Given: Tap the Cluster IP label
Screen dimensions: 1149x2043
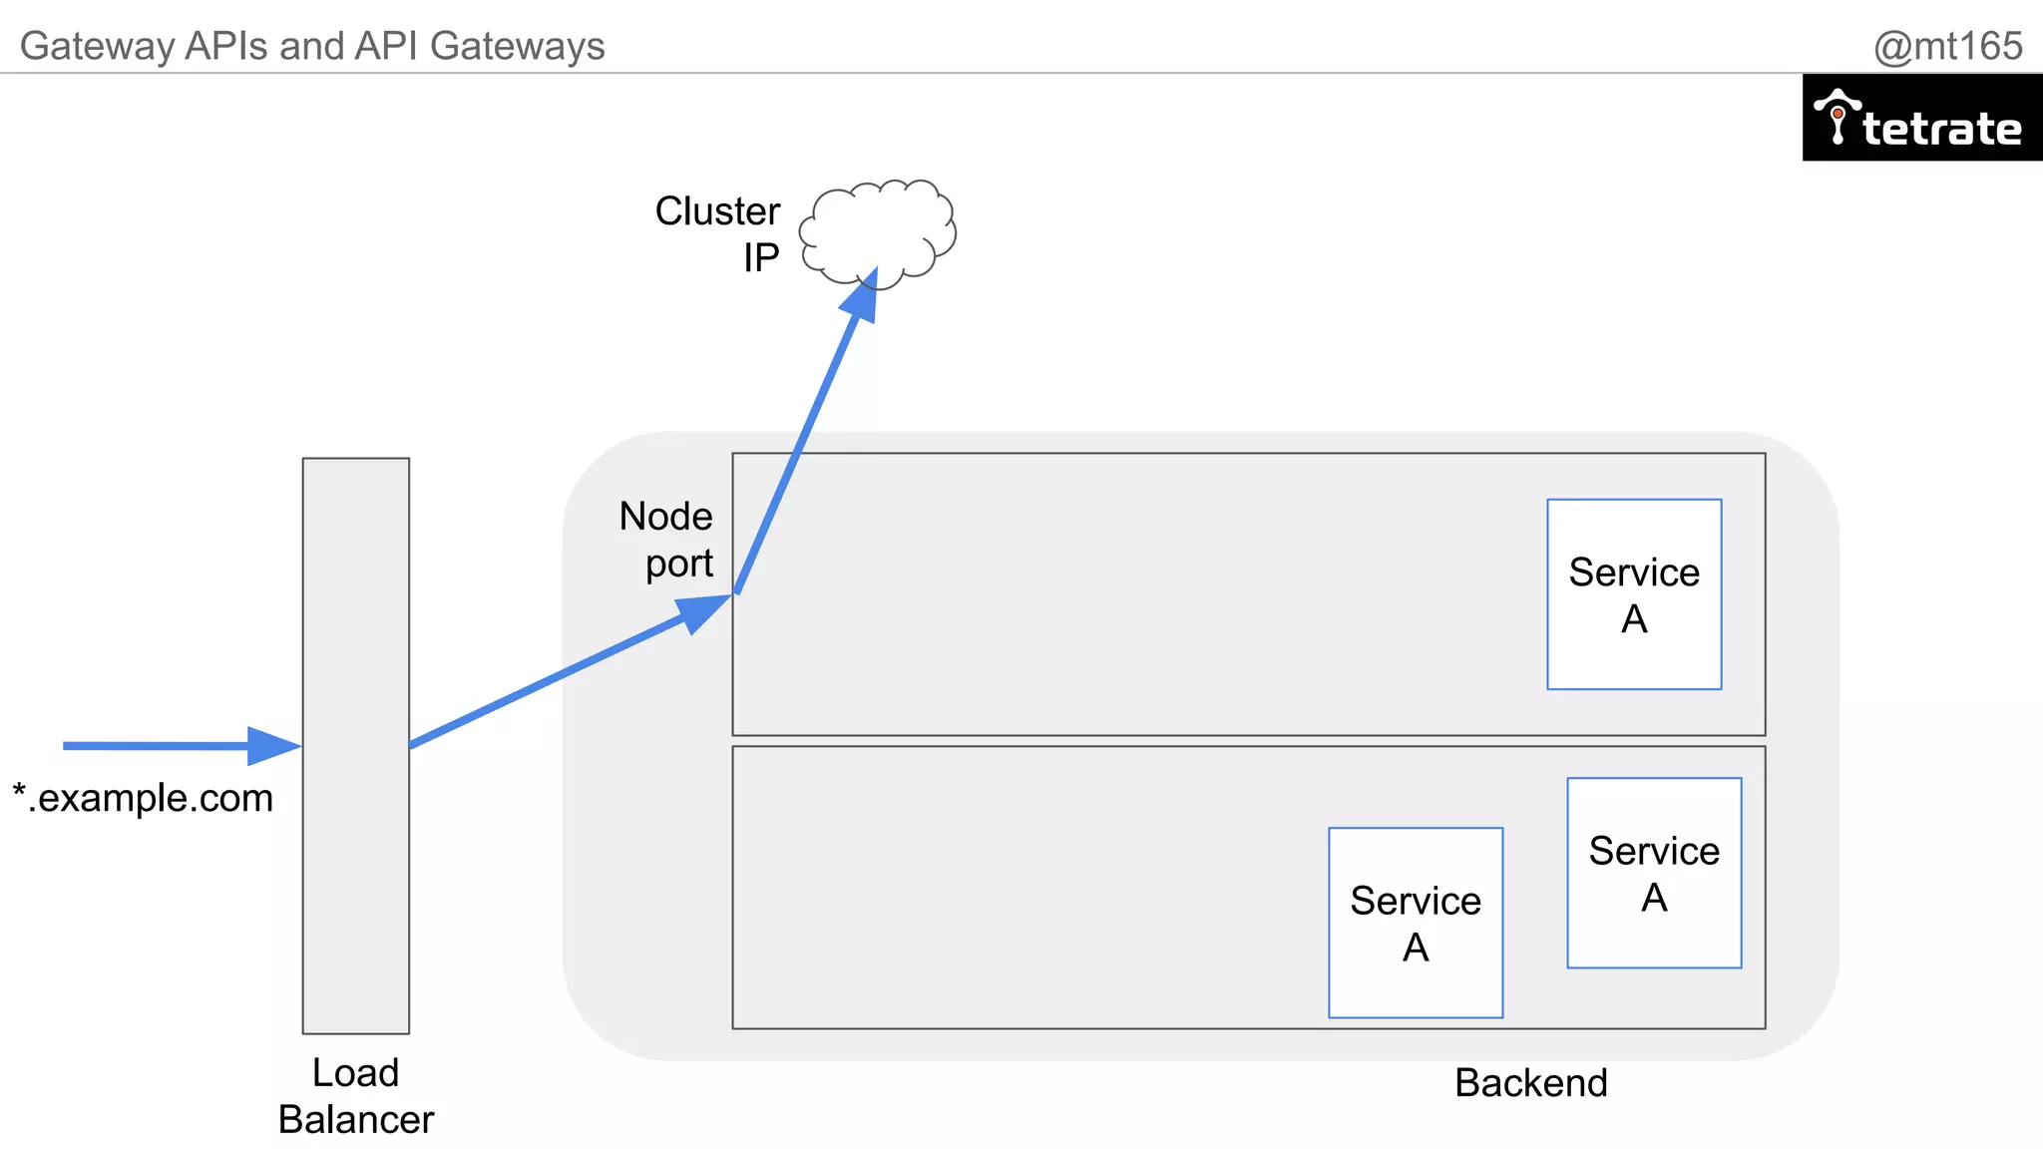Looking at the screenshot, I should point(718,234).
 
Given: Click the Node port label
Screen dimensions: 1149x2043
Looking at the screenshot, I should point(666,540).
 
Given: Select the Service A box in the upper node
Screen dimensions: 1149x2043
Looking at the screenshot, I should point(1634,594).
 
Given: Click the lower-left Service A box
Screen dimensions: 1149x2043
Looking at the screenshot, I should point(1416,923).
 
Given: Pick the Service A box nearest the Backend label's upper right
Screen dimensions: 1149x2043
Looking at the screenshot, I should point(1654,873).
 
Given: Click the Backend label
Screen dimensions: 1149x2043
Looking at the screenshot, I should point(1530,1083).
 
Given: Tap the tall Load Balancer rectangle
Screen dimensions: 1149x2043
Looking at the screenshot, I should point(356,745).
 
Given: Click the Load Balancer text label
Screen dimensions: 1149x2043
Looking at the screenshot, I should point(356,1096).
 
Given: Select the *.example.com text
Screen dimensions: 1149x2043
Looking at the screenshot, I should point(143,798).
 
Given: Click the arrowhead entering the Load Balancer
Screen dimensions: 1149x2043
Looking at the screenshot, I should point(273,745).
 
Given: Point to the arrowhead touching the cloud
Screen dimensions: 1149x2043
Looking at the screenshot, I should point(863,296).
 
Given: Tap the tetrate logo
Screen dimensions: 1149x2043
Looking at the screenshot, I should point(1922,119).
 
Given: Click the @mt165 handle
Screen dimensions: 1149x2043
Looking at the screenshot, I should point(1947,46).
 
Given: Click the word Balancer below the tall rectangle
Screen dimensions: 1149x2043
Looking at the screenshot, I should point(356,1120).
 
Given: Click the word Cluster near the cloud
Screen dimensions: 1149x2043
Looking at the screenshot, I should point(717,211).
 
